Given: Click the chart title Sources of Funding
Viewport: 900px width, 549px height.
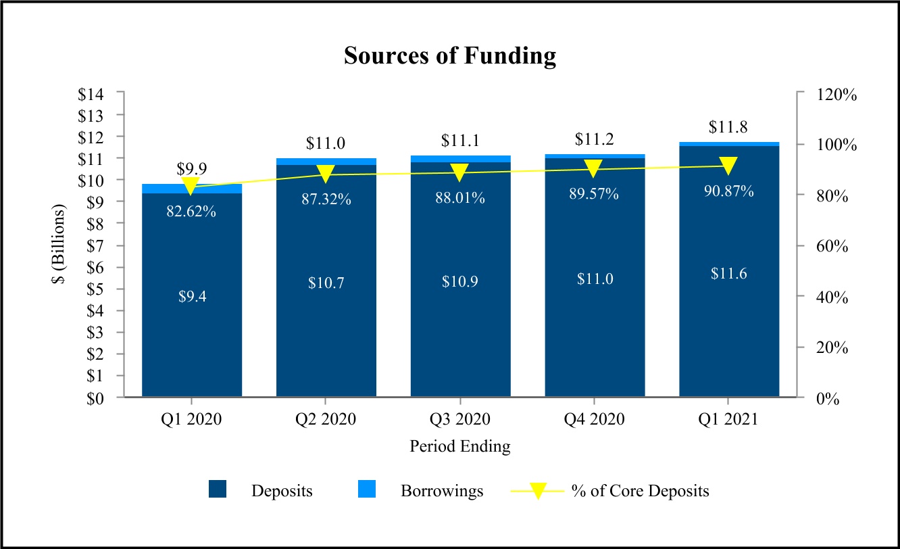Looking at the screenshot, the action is pos(450,55).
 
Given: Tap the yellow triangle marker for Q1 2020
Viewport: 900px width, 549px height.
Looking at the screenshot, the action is pos(191,186).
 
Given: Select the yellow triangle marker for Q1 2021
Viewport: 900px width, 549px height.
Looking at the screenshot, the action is pos(728,166).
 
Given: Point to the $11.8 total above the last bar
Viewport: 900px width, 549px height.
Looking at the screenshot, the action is pos(728,127).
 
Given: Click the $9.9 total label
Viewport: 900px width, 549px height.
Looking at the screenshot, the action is pos(192,168).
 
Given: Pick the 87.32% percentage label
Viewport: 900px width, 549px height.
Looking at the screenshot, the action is pos(326,199).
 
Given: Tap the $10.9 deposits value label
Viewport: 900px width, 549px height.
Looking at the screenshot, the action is pos(460,281).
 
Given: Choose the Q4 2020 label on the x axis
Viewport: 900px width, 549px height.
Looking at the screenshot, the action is pos(594,419).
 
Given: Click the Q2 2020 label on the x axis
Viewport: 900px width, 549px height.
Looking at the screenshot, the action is pos(326,419).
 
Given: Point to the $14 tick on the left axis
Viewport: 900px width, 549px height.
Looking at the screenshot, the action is pos(91,95).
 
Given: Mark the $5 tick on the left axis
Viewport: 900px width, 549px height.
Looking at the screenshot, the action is pos(95,289).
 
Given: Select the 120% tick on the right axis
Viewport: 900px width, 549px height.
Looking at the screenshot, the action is pos(836,95).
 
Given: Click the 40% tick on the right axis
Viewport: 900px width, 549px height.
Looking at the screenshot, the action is pos(832,297).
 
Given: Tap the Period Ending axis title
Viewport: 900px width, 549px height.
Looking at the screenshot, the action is pos(460,446).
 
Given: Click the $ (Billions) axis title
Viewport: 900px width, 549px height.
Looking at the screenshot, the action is pos(59,244).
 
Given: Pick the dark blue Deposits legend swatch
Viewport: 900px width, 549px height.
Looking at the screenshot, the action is pos(218,489).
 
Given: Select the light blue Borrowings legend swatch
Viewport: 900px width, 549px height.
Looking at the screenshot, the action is pos(367,489).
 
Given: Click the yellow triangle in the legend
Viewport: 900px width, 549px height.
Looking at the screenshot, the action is pos(538,491).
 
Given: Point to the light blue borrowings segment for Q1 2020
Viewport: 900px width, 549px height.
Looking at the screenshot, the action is pos(192,189).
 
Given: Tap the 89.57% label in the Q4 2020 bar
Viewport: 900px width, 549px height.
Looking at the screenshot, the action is pos(594,194).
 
